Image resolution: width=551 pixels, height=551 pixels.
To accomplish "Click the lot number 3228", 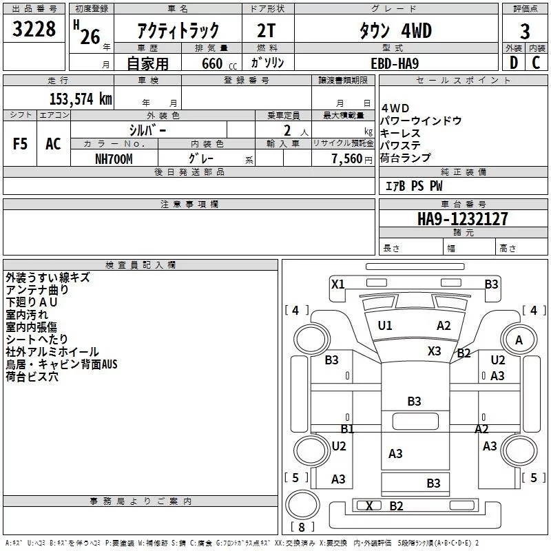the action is (34, 29).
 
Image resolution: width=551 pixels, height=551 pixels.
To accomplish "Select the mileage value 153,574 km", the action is (81, 99).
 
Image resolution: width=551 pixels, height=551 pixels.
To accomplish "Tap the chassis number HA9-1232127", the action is (462, 219).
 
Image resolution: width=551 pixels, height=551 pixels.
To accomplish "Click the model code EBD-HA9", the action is (395, 63).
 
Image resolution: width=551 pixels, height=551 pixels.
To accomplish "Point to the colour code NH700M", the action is (114, 159).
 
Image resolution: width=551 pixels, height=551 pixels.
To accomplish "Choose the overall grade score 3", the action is (525, 32).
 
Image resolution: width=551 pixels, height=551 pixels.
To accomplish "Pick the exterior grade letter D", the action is (514, 63).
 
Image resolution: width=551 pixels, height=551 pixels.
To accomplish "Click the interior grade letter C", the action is (536, 63).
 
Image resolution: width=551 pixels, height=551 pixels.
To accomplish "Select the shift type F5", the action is (20, 144).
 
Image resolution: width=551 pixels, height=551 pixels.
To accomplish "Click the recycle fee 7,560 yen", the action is (352, 159).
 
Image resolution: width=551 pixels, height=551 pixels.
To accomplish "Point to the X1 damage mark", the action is (338, 284).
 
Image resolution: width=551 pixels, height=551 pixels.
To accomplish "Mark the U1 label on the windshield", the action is (385, 326).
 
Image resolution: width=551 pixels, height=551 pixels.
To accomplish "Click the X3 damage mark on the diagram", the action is (434, 351).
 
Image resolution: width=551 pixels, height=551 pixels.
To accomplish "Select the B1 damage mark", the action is (347, 428).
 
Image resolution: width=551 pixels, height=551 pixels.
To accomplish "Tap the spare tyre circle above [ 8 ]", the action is (302, 504).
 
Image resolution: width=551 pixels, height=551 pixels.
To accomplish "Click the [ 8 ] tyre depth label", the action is (302, 527).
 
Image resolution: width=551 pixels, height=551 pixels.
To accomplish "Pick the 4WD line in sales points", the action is (395, 108).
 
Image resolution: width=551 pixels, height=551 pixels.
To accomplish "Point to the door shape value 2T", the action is (266, 31).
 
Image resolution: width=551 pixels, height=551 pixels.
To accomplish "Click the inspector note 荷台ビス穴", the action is (32, 377).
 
